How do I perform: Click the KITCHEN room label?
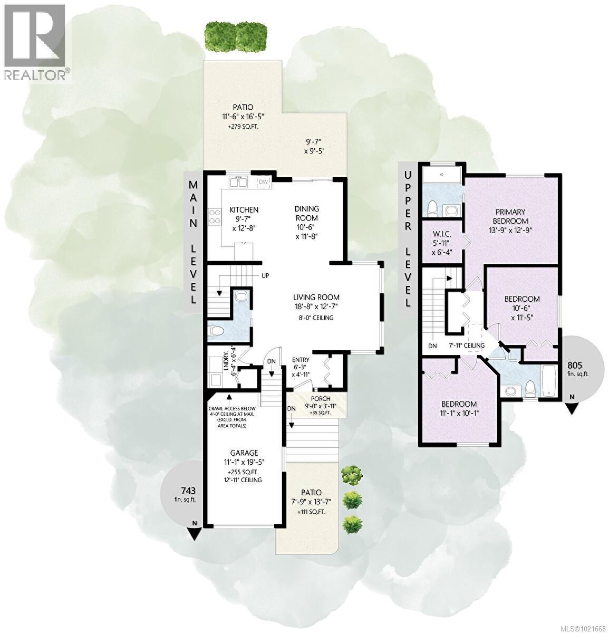click(244, 210)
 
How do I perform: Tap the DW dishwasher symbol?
click(263, 182)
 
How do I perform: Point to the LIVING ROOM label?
click(316, 297)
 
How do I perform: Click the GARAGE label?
click(243, 453)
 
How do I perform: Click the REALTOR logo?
click(35, 42)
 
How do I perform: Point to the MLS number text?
click(584, 628)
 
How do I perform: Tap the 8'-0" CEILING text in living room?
click(315, 318)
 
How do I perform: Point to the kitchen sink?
click(238, 183)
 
